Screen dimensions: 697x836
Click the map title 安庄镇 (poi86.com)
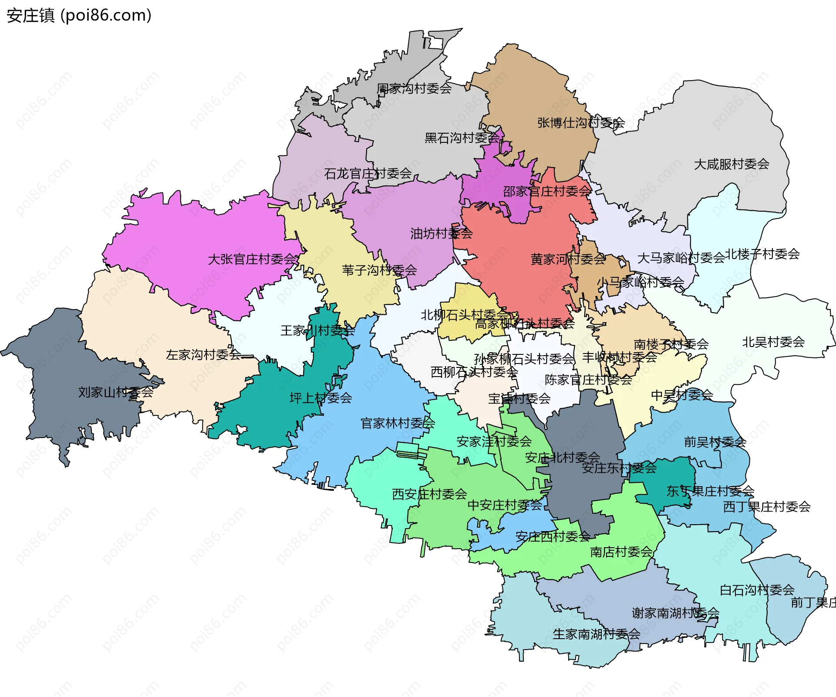[x=79, y=15]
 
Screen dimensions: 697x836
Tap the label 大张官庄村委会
[x=253, y=259]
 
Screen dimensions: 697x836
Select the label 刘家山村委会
[x=115, y=392]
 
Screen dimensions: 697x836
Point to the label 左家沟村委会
[x=203, y=355]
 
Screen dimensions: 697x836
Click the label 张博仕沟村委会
[x=581, y=123]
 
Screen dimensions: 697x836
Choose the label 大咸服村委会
[x=731, y=164]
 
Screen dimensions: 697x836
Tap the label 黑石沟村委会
[x=462, y=138]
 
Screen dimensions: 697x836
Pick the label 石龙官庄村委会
[x=368, y=174]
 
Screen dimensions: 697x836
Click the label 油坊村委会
[x=441, y=234]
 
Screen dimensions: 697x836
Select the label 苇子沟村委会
[x=379, y=270]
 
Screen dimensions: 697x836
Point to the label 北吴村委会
[x=773, y=342]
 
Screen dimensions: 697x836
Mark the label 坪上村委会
[x=321, y=398]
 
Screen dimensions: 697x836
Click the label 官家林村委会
[x=398, y=423]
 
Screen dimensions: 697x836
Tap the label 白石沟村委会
[x=757, y=590]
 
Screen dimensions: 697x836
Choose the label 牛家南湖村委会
[x=596, y=634]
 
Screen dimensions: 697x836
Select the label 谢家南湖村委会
[x=675, y=613]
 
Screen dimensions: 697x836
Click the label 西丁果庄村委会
[x=767, y=507]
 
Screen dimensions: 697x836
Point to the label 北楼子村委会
[x=762, y=254]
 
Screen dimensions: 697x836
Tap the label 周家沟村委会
[x=414, y=89]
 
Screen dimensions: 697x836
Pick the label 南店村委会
[x=621, y=552]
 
